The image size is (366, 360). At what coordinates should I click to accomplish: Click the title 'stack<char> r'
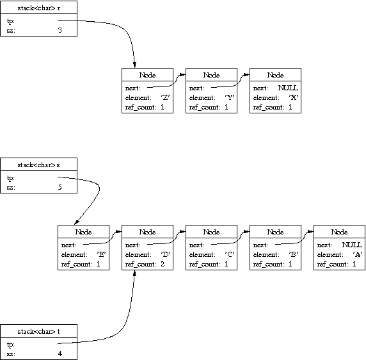(x=39, y=8)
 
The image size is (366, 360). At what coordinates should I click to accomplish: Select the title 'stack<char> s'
(x=39, y=165)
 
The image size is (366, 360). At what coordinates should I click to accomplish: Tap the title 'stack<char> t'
(x=39, y=332)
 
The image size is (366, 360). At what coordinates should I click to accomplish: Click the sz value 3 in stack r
(x=60, y=30)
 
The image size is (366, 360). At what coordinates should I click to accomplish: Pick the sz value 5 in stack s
(x=60, y=187)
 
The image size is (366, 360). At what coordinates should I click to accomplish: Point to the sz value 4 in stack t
(x=60, y=354)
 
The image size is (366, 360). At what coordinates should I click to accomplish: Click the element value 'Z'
(x=165, y=97)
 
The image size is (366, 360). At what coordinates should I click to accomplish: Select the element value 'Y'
(x=230, y=97)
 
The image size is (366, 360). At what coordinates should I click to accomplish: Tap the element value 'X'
(x=294, y=97)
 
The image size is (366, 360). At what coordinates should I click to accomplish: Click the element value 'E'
(x=102, y=254)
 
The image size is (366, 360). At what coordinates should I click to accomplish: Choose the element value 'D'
(x=166, y=254)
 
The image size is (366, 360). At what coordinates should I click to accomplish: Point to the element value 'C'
(x=230, y=254)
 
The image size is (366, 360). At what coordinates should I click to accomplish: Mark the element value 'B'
(x=294, y=254)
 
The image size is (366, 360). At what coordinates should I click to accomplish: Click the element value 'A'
(x=358, y=254)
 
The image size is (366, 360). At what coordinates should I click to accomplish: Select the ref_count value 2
(x=163, y=264)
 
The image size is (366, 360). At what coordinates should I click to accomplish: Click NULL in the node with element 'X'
(x=288, y=88)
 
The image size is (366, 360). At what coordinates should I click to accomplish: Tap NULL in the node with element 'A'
(x=352, y=245)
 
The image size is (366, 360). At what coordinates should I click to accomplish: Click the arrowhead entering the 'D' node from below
(x=134, y=273)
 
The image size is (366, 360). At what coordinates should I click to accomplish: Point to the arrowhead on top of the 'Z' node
(x=134, y=65)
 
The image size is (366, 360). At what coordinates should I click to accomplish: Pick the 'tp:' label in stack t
(x=11, y=345)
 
